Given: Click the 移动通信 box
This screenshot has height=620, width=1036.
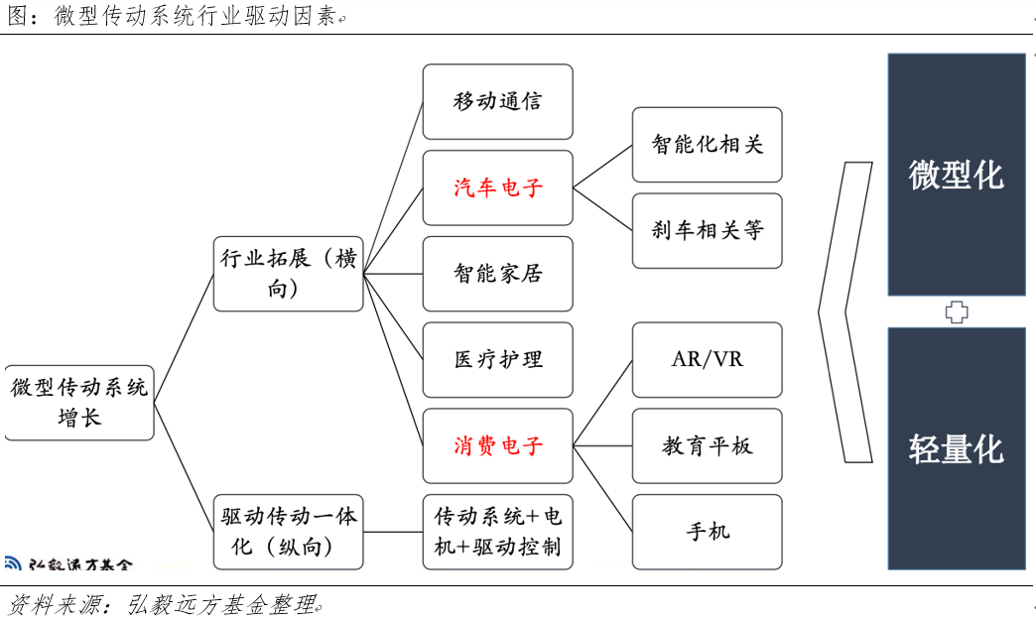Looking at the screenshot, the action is pos(497,102).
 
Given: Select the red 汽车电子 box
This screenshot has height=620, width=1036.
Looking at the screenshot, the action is pos(497,188).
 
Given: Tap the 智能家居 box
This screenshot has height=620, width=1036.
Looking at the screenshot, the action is pos(497,274).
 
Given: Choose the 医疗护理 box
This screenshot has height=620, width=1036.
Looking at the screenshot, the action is pos(497,360).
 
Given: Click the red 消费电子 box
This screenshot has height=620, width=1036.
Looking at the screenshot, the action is pos(497,446).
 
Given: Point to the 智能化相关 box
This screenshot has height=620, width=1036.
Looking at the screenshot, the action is pos(707,145).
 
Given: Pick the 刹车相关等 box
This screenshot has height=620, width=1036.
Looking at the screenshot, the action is pos(707,231).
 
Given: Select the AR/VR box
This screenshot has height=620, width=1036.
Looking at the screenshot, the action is pos(707,360).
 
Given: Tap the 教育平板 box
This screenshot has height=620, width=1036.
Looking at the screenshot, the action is pos(707,446).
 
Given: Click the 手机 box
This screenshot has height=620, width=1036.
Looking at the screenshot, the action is pos(707,532).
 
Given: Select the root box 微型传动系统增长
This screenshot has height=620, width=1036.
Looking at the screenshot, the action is pos(79,403).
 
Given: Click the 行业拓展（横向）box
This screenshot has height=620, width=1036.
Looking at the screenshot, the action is pos(288,274).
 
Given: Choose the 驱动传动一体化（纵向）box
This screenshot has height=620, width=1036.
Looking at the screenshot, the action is pos(288,532).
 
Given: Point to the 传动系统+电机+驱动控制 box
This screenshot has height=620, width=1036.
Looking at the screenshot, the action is pos(497,532).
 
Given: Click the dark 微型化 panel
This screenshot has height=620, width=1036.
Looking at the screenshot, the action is pos(957,175).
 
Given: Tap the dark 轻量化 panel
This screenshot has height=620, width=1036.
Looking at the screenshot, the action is pos(957,448).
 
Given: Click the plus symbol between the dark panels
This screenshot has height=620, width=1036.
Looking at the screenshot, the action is pos(957,311).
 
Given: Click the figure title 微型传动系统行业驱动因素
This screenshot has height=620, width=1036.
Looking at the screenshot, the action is pos(195,16).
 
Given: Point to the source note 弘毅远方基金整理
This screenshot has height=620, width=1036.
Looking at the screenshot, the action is pos(221,604).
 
